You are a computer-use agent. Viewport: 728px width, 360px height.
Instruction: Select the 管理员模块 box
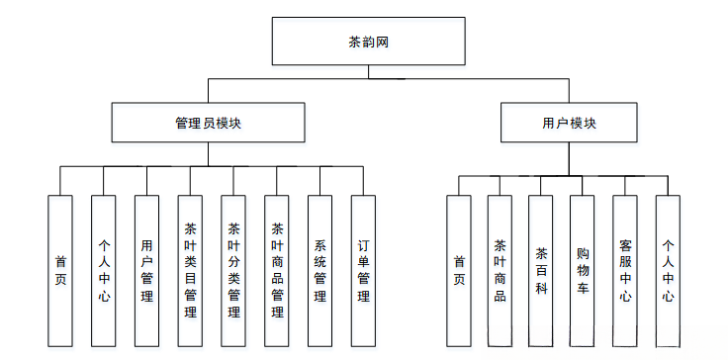click(207, 124)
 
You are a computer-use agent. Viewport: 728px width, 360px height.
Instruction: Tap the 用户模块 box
click(569, 124)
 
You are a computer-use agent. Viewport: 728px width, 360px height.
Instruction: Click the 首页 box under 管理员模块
click(60, 269)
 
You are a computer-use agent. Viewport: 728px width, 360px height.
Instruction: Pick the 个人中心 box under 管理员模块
click(103, 269)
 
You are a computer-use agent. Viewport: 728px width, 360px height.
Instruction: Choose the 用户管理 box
click(146, 269)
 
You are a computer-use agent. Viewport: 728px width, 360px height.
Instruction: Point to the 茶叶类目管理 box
click(190, 269)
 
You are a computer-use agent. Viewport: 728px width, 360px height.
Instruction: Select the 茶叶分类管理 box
click(233, 269)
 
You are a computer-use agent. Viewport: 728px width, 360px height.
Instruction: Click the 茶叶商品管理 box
click(277, 269)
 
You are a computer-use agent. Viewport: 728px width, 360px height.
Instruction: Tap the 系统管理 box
click(320, 269)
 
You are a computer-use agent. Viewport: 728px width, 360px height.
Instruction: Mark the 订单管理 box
click(363, 269)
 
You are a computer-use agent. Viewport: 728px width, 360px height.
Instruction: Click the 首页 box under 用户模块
click(458, 269)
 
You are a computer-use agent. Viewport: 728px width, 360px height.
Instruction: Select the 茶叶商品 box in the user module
click(500, 269)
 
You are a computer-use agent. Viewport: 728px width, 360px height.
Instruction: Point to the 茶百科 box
click(541, 269)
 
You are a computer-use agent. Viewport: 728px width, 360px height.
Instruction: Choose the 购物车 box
click(583, 269)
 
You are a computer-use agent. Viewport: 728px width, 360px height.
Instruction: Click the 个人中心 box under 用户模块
click(669, 269)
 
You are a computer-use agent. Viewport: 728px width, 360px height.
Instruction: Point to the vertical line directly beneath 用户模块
click(569, 160)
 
